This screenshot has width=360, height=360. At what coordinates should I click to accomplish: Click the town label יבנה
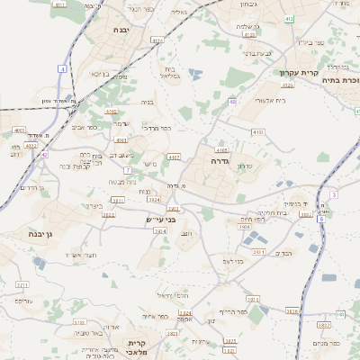(122, 30)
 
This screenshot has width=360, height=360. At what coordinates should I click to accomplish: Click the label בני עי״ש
(160, 219)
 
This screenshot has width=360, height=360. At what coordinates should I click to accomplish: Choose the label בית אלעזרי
(270, 100)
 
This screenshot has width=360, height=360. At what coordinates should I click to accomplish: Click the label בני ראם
(233, 261)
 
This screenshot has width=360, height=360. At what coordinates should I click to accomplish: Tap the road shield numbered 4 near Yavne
(62, 68)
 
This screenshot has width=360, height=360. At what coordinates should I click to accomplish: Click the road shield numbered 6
(320, 219)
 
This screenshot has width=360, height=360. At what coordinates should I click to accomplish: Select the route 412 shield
(288, 18)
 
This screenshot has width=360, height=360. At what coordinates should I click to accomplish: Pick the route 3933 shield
(324, 325)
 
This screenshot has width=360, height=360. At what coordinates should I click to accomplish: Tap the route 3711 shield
(21, 285)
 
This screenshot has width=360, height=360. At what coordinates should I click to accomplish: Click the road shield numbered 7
(129, 169)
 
